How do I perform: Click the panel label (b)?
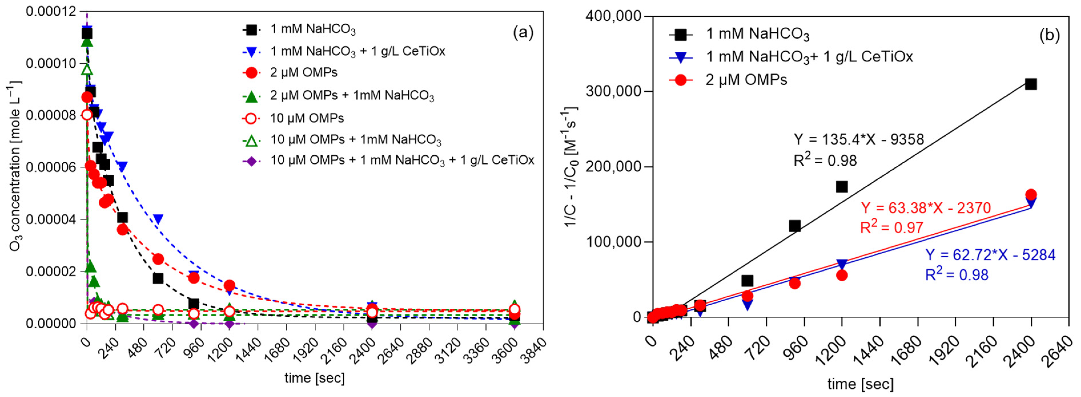point(1049,35)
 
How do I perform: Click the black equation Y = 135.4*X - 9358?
point(859,139)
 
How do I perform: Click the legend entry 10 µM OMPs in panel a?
point(306,118)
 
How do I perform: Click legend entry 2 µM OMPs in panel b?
point(746,80)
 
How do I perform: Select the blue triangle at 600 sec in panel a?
point(158,219)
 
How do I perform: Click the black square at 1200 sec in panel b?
point(842,187)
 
